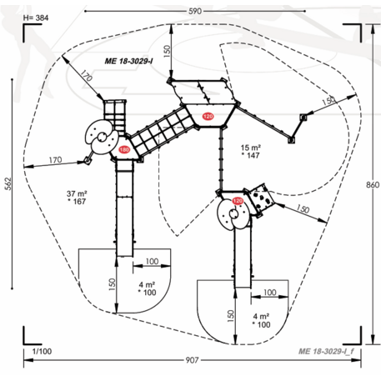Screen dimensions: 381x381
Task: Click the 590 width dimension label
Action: [195, 12]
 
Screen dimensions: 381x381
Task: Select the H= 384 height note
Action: [36, 18]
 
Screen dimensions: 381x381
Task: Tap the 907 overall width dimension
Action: [192, 360]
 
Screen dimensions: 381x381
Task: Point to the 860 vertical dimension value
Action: [373, 185]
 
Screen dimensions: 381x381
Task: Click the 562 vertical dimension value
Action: [8, 183]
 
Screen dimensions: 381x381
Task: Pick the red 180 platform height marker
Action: [124, 150]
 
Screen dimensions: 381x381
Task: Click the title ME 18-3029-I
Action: [128, 61]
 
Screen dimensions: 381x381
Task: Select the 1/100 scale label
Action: [42, 351]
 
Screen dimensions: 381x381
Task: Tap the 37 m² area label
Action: [77, 193]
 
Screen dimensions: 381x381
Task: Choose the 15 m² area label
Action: [251, 148]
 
